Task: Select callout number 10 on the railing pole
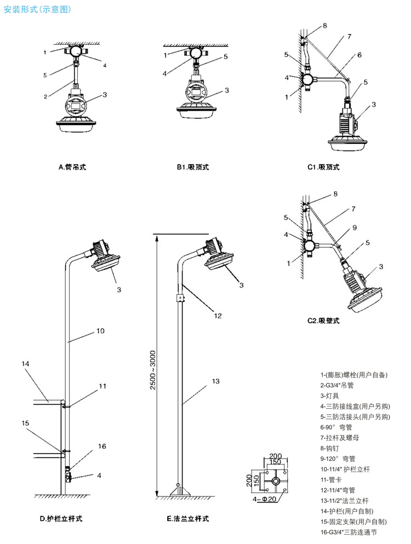pyautogui.click(x=100, y=331)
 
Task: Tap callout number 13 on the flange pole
pyautogui.click(x=215, y=381)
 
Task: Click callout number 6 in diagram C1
pyautogui.click(x=359, y=55)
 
